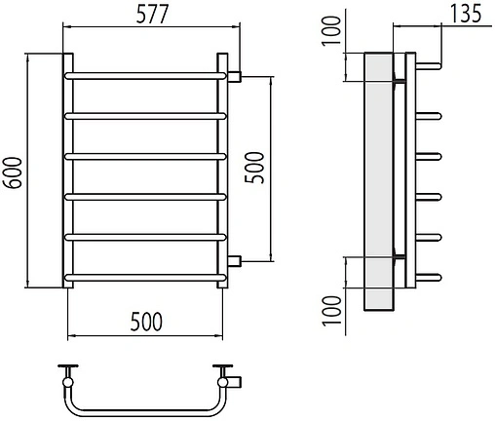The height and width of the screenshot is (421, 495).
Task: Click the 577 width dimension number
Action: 152,14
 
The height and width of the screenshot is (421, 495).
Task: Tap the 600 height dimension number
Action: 13,172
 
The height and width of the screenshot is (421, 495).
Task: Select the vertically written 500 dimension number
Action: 254,168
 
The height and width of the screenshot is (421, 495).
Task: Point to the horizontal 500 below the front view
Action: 146,322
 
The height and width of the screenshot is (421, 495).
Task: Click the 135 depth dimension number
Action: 466,14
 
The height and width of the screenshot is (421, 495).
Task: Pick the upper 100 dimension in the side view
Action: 331,31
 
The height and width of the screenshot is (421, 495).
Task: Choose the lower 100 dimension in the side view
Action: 332,311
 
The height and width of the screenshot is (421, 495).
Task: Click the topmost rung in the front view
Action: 145,76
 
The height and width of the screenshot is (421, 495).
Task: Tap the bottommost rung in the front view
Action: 145,278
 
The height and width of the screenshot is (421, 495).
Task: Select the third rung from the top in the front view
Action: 145,157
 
